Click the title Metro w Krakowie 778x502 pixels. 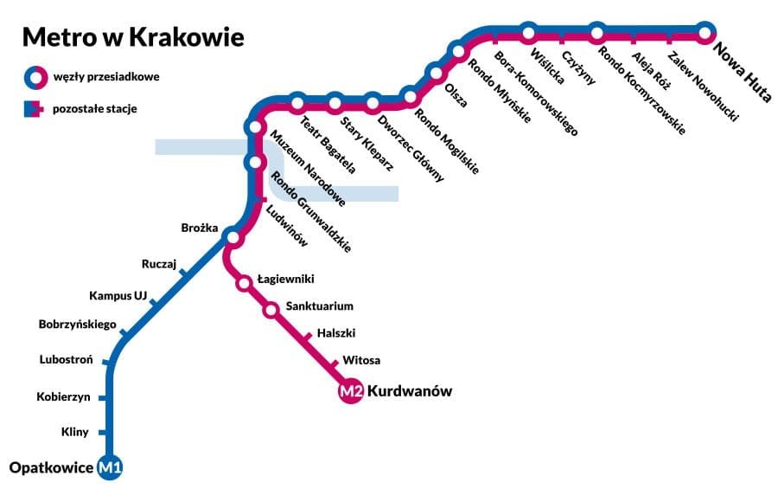[x=133, y=37]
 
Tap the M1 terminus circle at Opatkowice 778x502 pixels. [x=111, y=468]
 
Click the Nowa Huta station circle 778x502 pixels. [x=705, y=34]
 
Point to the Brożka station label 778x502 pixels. [x=200, y=228]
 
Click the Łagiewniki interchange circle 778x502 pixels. [x=244, y=281]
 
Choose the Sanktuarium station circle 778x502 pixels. [x=270, y=308]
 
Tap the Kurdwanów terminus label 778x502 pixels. [x=410, y=391]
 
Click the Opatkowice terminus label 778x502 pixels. [x=50, y=468]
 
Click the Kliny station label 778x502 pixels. [x=75, y=431]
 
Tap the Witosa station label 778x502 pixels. [x=361, y=360]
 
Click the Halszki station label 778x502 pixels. [x=336, y=332]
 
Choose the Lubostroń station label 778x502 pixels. [x=67, y=359]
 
